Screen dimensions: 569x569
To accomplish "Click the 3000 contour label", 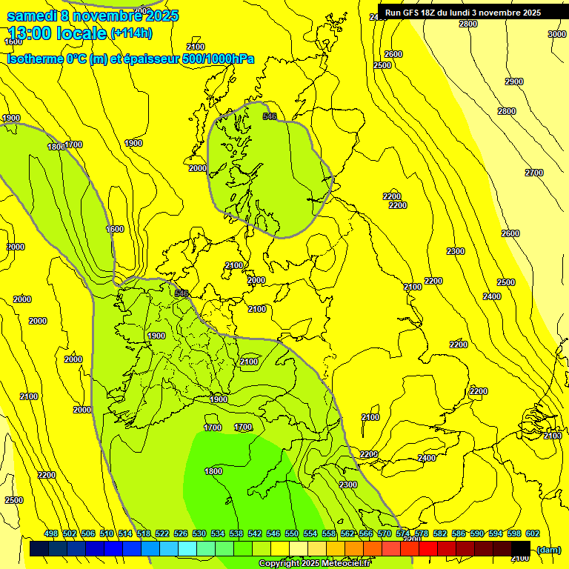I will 557,34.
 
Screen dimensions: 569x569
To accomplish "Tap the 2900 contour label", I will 513,81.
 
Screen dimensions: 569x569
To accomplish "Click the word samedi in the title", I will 32,16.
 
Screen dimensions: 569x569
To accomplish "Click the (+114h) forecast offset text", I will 131,33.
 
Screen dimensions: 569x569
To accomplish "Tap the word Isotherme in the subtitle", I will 34,59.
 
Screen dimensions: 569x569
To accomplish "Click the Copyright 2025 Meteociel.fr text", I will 314,563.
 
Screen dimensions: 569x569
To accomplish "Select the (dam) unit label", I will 548,549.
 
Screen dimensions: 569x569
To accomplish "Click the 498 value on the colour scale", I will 51,533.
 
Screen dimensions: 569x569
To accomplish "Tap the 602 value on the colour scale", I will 532,533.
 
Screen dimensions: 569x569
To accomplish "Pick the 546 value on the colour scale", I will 273,533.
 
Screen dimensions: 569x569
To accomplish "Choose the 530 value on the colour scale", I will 199,533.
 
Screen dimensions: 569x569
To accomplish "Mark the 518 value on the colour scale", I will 144,533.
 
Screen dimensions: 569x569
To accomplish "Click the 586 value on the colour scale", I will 458,533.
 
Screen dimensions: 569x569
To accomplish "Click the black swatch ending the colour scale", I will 521,549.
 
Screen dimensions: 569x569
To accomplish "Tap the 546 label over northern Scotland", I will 270,116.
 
